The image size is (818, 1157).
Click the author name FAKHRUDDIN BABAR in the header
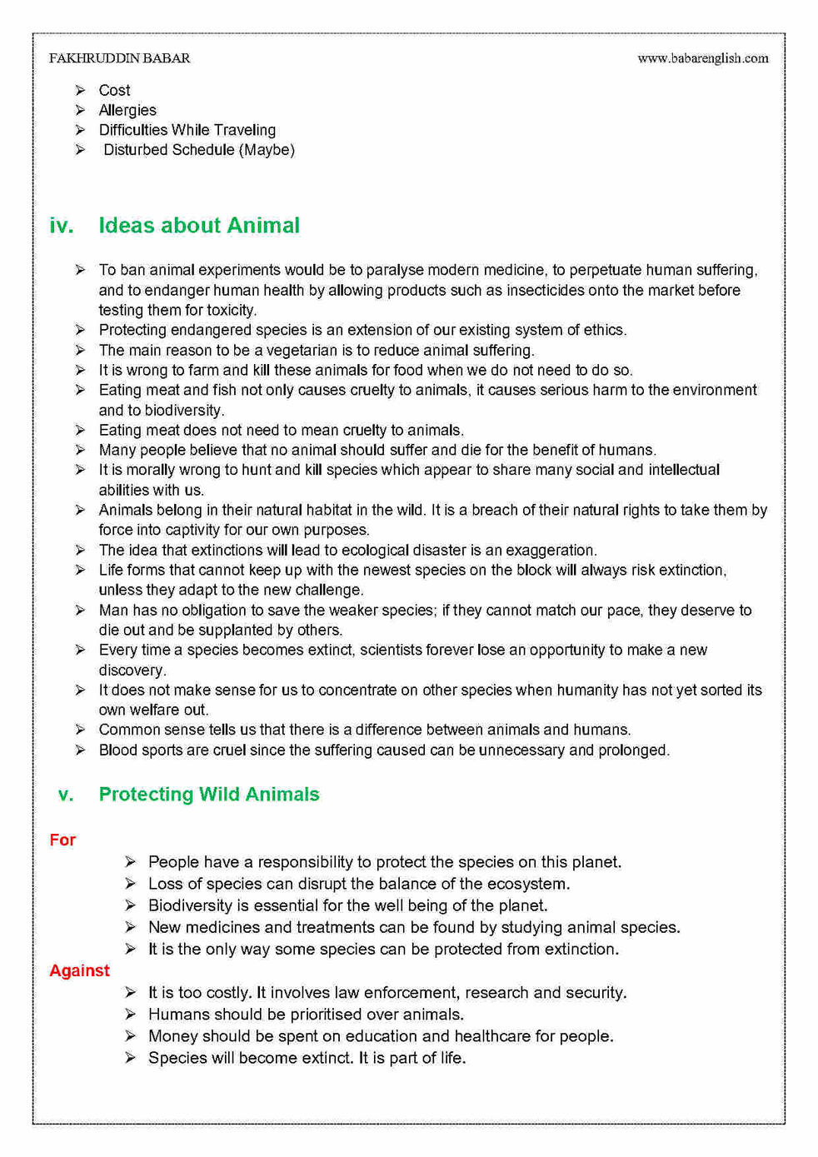click(119, 58)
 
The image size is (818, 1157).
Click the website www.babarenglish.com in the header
click(702, 58)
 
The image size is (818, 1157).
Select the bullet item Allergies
click(127, 110)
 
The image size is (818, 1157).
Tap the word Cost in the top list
click(114, 90)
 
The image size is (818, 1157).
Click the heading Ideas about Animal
click(199, 226)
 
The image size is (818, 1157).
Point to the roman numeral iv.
click(61, 226)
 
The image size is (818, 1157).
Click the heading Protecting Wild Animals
click(208, 794)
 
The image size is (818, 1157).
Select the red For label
click(62, 840)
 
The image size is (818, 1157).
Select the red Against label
click(79, 970)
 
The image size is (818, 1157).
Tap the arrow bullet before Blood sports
click(80, 750)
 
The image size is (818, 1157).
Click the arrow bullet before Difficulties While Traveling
click(80, 130)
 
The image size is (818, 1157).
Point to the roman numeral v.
click(66, 794)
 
